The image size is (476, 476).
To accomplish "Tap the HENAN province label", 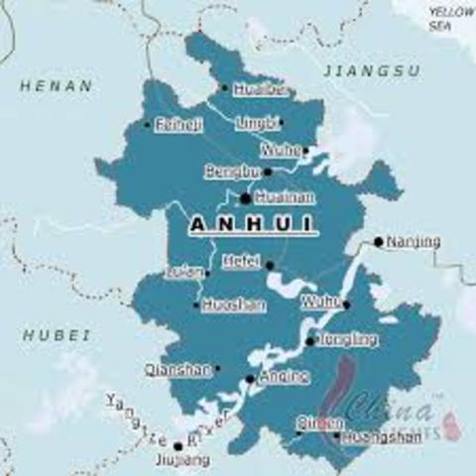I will coord(57,86).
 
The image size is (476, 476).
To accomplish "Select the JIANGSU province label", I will coord(371,71).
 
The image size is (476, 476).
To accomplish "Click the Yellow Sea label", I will coord(451,17).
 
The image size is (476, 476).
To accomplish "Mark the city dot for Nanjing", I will coord(378,241).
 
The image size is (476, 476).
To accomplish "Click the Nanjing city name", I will coord(414,241).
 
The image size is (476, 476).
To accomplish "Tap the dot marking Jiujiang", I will coord(178,445).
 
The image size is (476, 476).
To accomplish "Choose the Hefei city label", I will coord(241,263).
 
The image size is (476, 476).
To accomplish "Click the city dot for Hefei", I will coord(269,265).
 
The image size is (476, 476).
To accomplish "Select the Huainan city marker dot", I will coord(246,197).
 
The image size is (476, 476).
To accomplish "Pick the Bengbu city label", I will coord(231,173).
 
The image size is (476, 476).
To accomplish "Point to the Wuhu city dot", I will coord(345,304).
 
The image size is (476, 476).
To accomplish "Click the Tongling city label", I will coord(347,340).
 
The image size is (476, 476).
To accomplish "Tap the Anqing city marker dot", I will coord(250,378).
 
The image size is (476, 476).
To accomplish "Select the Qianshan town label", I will coord(178,369).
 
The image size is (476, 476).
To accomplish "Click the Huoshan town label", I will coord(233,305).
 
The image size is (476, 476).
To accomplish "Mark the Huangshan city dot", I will coord(336,434).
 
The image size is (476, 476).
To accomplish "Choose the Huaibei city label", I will coord(262,89).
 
